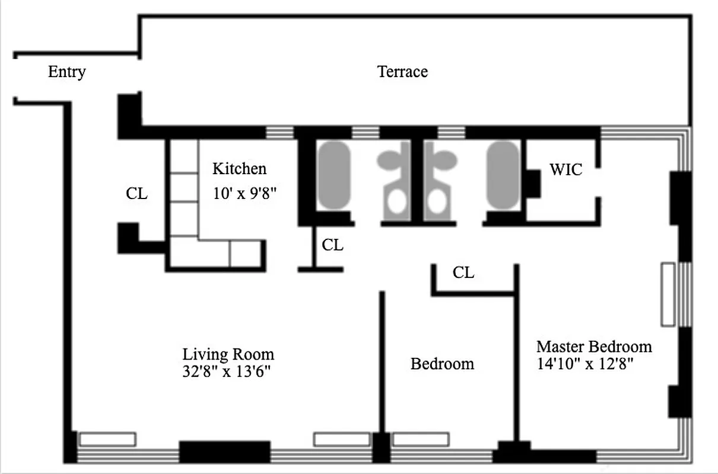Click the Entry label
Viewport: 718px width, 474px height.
tap(66, 72)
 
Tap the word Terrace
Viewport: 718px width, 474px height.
tap(402, 72)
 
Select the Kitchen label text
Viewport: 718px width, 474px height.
tap(239, 169)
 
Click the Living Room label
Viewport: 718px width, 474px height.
tap(228, 354)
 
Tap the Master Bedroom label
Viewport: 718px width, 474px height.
tap(593, 346)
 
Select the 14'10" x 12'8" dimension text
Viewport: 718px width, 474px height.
tap(586, 364)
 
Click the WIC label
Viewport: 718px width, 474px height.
tap(565, 171)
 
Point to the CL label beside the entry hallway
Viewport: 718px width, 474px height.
tap(136, 194)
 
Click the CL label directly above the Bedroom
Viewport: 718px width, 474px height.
tap(463, 273)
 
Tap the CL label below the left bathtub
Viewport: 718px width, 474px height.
tap(332, 245)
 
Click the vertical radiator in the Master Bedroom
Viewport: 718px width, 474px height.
tap(668, 294)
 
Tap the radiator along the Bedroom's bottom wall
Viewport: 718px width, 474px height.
tap(420, 439)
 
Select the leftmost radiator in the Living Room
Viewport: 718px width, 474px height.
tap(107, 439)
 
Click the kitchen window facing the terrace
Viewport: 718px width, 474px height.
tap(279, 132)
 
